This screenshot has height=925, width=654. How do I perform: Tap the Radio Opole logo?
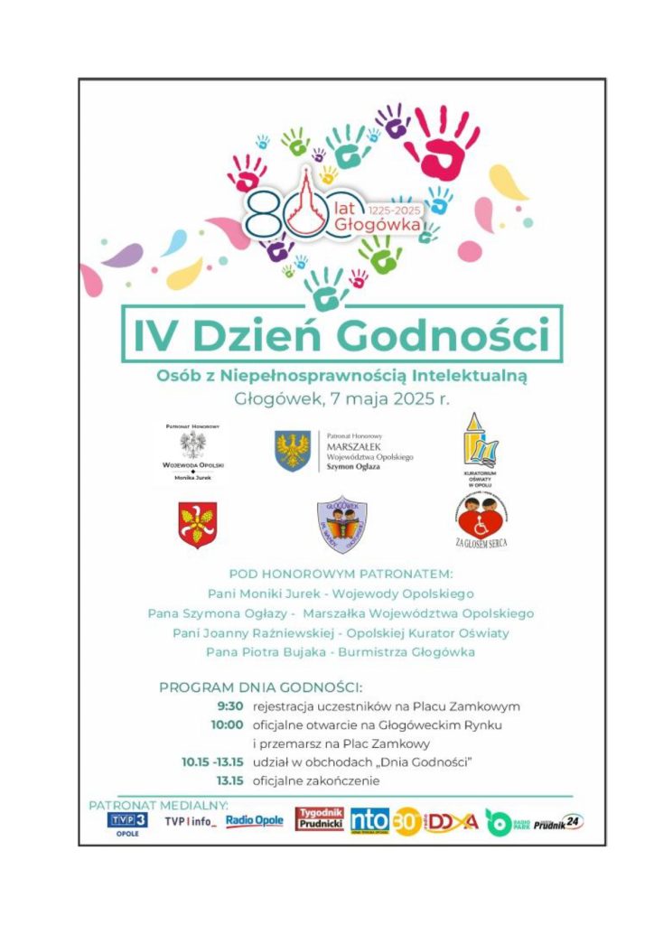point(254,820)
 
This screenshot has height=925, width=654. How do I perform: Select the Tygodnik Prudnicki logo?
point(320,819)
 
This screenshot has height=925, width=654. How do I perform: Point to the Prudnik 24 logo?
point(559,823)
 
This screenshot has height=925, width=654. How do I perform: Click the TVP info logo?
point(190,821)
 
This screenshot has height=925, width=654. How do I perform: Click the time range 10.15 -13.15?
point(212,762)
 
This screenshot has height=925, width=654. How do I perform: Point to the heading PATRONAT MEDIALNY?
point(158,805)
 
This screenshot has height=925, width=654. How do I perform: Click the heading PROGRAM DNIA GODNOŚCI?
point(260,687)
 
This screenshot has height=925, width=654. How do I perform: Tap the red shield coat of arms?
point(197,525)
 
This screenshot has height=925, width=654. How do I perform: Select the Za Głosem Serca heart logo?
point(481,517)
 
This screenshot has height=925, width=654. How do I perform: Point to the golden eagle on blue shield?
point(293,449)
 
